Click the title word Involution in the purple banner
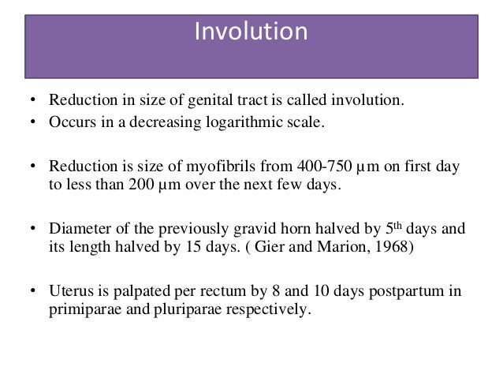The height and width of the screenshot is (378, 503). [x=250, y=33]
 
